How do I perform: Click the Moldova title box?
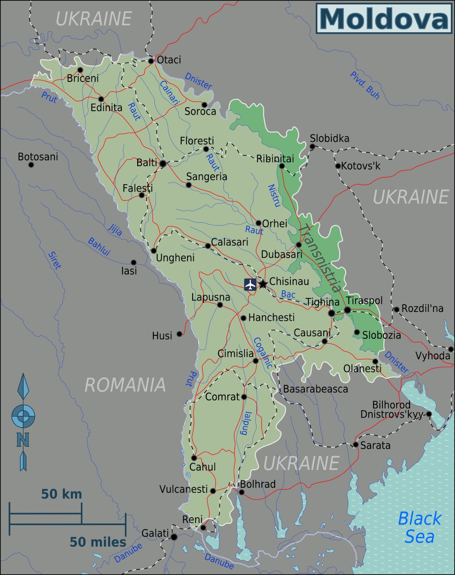(x=384, y=18)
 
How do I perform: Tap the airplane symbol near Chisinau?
(x=250, y=284)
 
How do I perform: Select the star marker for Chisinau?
(x=263, y=284)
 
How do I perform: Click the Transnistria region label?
(x=320, y=258)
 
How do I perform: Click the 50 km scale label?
(x=61, y=494)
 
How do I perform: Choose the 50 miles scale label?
(x=98, y=542)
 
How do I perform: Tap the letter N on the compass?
(x=23, y=440)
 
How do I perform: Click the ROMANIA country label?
(x=125, y=385)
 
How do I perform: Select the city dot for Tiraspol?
(x=347, y=310)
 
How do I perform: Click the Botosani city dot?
(x=31, y=165)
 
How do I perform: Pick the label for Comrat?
(x=222, y=397)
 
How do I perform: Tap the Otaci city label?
(x=169, y=60)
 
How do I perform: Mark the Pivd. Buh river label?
(x=364, y=85)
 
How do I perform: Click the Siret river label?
(x=55, y=260)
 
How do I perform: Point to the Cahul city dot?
(x=194, y=458)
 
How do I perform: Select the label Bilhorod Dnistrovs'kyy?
(x=391, y=410)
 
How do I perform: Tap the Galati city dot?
(x=174, y=537)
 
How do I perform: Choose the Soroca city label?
(x=200, y=111)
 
